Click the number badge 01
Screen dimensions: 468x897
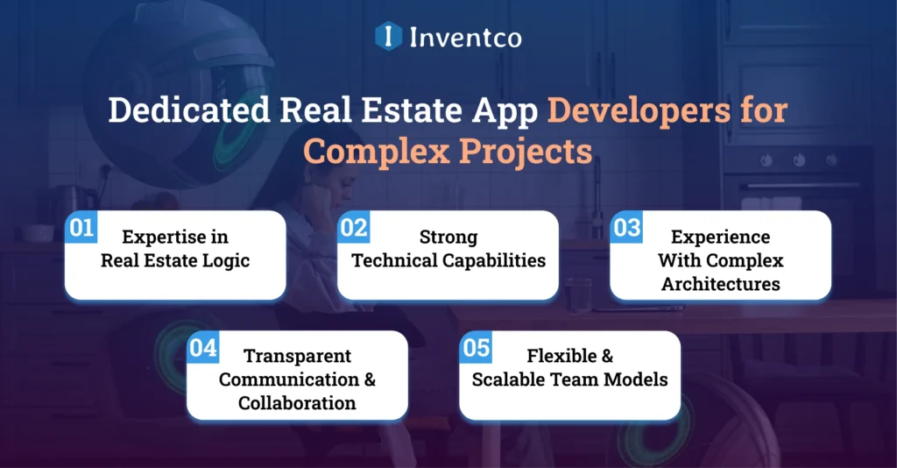click(x=81, y=229)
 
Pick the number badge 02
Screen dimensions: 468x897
click(x=354, y=229)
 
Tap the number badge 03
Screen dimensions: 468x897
click(x=626, y=229)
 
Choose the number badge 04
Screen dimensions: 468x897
click(x=203, y=348)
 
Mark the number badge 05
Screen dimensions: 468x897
click(x=476, y=348)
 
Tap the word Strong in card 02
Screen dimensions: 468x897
click(x=448, y=237)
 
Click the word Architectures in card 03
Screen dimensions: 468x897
click(x=721, y=284)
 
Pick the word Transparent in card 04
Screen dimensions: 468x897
click(x=297, y=356)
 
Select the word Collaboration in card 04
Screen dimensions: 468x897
click(x=297, y=403)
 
